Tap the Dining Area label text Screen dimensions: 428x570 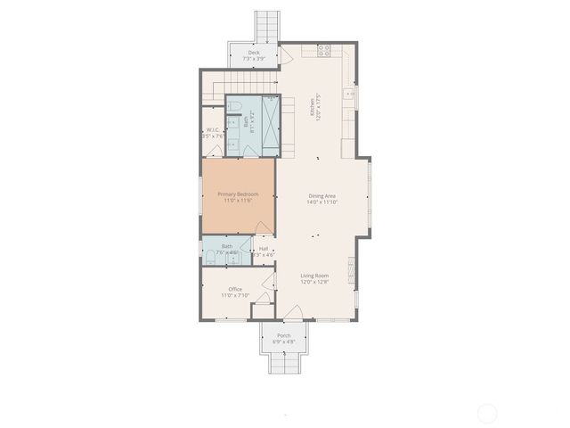[x=322, y=196]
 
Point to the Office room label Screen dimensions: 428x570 [x=235, y=290]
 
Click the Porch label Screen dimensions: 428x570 [x=283, y=336]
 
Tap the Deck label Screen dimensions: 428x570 [x=254, y=53]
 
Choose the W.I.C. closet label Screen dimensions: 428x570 [x=213, y=131]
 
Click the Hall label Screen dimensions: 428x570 [x=264, y=249]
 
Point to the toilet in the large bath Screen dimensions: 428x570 [x=233, y=108]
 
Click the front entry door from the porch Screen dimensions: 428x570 [x=291, y=315]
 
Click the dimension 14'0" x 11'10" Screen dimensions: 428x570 [x=322, y=202]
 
